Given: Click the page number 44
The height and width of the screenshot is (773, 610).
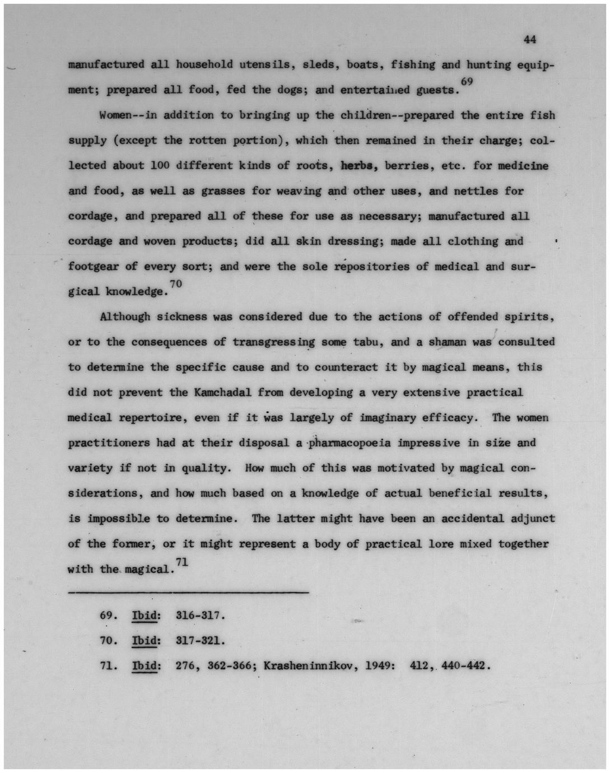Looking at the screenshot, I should click(530, 39).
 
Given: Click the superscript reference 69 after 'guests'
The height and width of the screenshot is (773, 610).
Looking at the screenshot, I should click(467, 82).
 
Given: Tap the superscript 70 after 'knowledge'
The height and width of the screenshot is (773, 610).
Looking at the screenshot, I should click(176, 284).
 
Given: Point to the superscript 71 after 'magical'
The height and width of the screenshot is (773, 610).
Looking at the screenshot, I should click(181, 561).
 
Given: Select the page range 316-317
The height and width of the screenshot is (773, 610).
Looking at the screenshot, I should click(200, 616).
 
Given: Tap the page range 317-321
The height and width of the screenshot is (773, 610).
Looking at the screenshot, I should click(200, 641).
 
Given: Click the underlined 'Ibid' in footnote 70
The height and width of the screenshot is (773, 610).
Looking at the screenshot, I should click(145, 641).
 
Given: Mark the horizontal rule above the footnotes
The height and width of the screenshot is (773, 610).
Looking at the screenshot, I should click(188, 592).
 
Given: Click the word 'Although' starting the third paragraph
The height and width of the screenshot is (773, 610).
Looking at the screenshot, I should click(125, 317).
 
